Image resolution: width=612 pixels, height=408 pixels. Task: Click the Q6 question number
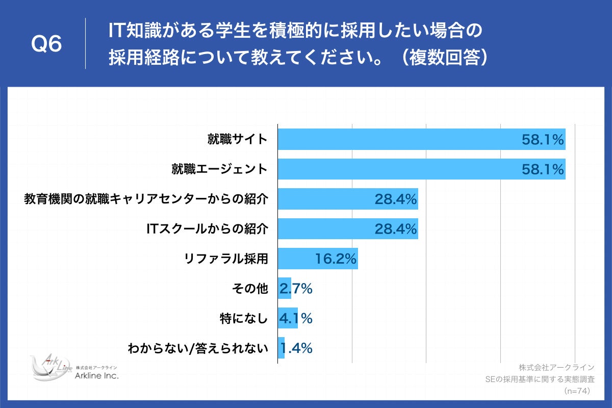(x=46, y=44)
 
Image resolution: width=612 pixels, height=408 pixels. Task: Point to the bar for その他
(x=284, y=288)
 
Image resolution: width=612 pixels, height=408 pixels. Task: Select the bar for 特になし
(x=287, y=318)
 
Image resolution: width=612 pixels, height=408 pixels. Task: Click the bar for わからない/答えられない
(x=281, y=348)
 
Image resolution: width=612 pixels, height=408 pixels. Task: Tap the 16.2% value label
(x=335, y=259)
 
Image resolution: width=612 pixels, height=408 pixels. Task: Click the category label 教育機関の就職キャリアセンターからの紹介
(x=146, y=199)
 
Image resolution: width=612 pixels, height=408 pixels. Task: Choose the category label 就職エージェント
(x=219, y=169)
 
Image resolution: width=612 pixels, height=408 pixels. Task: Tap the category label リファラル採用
(x=226, y=259)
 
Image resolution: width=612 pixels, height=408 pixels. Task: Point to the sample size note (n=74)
(x=577, y=391)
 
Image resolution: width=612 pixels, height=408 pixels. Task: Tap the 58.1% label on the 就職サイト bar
(x=542, y=139)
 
